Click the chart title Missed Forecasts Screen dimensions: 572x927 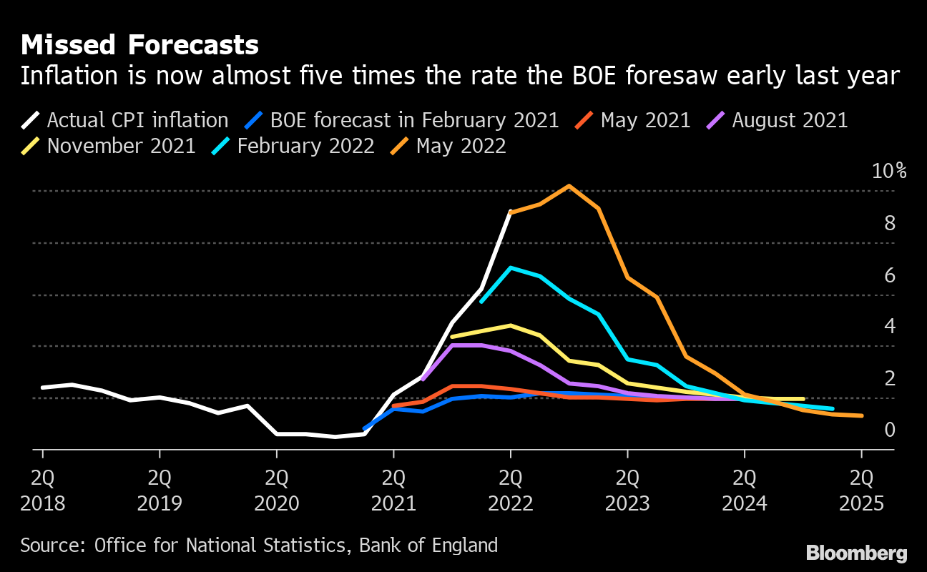click(x=139, y=46)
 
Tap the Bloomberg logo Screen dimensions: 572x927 click(x=857, y=553)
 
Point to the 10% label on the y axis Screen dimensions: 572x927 click(x=889, y=172)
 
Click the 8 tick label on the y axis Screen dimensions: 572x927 click(x=890, y=223)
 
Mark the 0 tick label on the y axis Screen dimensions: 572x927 click(x=890, y=430)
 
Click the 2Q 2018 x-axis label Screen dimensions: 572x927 click(x=43, y=490)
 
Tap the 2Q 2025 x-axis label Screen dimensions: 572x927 click(x=861, y=490)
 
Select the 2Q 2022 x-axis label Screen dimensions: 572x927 click(x=510, y=490)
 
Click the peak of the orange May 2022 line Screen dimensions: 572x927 click(x=569, y=186)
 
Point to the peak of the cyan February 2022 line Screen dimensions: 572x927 click(x=510, y=268)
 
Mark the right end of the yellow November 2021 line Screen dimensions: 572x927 click(x=803, y=399)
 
